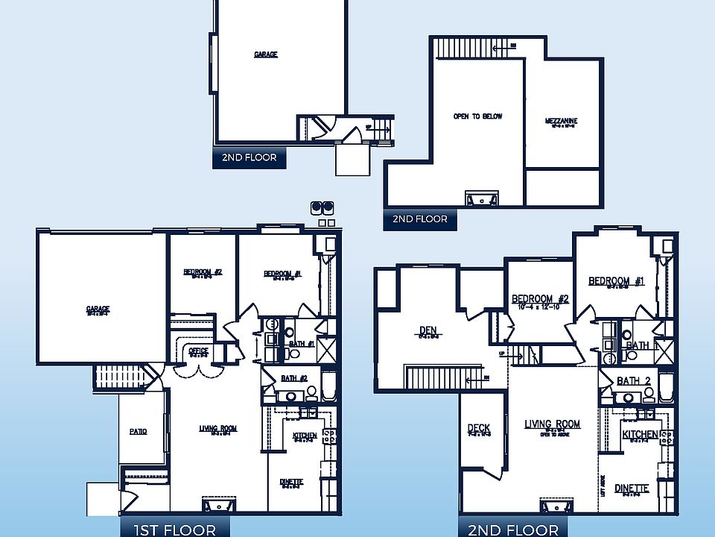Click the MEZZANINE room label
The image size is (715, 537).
pyautogui.click(x=561, y=121)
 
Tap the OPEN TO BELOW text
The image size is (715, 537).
pyautogui.click(x=477, y=116)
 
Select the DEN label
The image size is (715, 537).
pyautogui.click(x=427, y=330)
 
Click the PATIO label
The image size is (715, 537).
pyautogui.click(x=138, y=431)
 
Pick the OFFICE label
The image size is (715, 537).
pyautogui.click(x=198, y=351)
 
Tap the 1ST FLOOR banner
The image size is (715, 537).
pyautogui.click(x=169, y=529)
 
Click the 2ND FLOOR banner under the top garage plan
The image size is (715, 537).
pyautogui.click(x=250, y=157)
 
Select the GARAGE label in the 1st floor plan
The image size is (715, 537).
pyautogui.click(x=98, y=309)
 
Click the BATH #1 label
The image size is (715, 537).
pyautogui.click(x=302, y=344)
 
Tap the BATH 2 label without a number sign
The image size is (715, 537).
pyautogui.click(x=633, y=381)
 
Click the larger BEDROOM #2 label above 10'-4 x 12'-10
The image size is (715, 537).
pyautogui.click(x=540, y=299)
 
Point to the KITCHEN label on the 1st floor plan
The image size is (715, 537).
pyautogui.click(x=305, y=436)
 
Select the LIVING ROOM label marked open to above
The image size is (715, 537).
pyautogui.click(x=552, y=424)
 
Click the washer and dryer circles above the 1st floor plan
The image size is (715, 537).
pyautogui.click(x=322, y=207)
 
